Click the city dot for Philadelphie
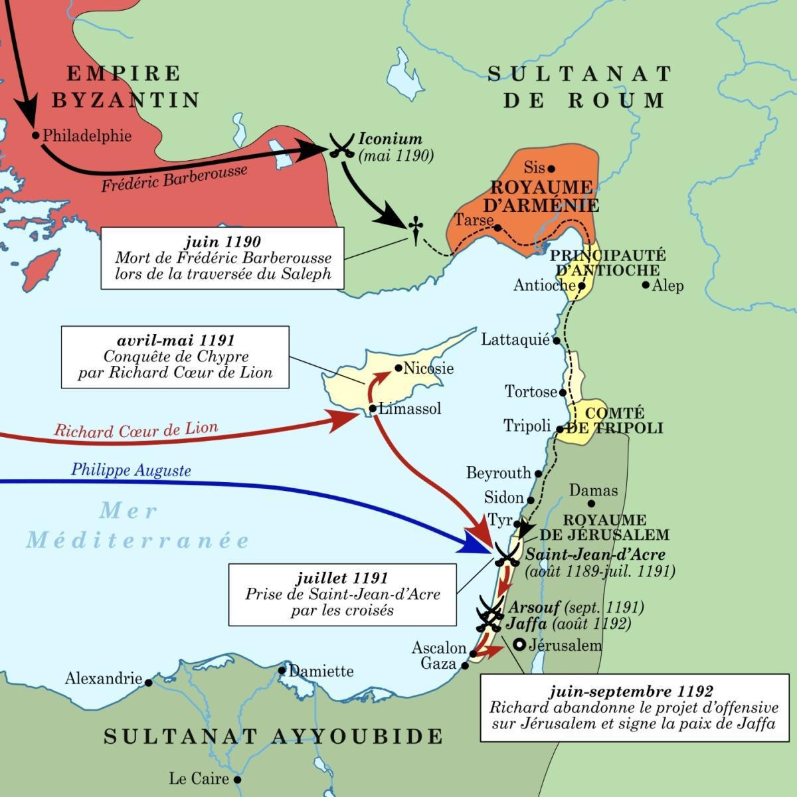coord(36,135)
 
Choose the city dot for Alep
coord(646,285)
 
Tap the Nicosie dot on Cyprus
coord(398,368)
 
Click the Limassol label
coord(410,408)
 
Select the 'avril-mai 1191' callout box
coord(175,357)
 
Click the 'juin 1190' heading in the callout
coord(222,242)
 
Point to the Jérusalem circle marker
coord(519,645)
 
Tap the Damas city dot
coord(591,503)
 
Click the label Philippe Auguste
coord(131,471)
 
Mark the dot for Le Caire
coord(236,779)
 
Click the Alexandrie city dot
coord(148,682)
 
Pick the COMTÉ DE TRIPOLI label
coord(615,420)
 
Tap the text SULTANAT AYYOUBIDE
coord(274,735)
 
